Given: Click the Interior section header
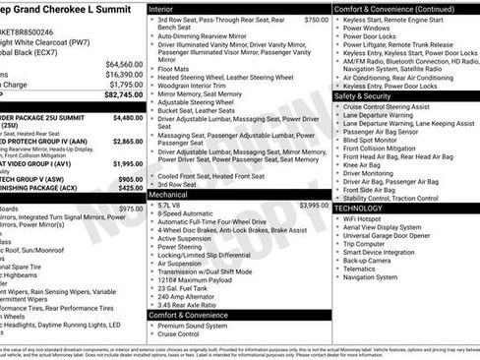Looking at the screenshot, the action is pyautogui.click(x=167, y=8).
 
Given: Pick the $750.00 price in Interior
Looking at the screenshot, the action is pyautogui.click(x=317, y=19).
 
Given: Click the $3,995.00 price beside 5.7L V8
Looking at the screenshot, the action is pyautogui.click(x=314, y=206).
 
